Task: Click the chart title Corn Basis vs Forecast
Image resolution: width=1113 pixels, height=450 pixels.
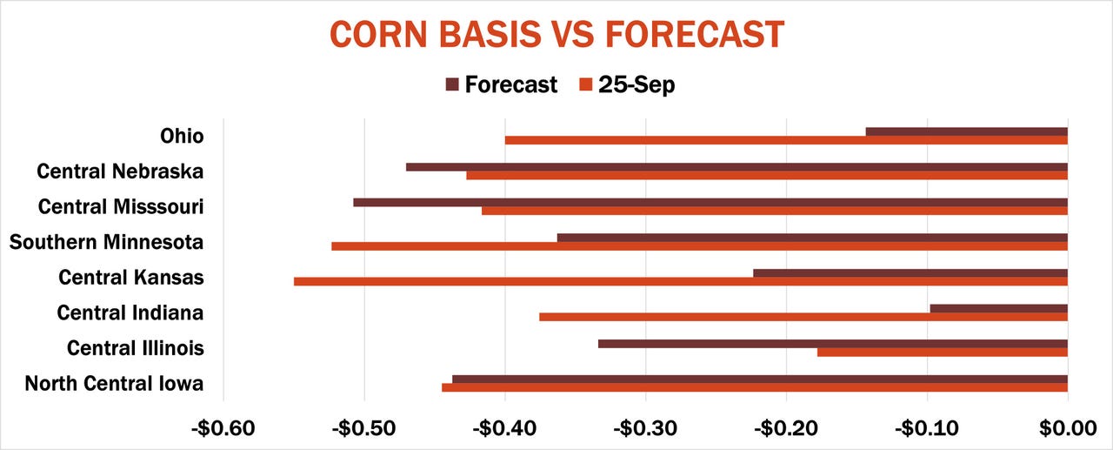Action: [x=556, y=35]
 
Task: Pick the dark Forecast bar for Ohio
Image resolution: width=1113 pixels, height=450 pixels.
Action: [x=966, y=131]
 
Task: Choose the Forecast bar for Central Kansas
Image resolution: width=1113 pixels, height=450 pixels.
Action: [x=910, y=273]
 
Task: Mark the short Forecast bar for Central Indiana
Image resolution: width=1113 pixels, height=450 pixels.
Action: [x=998, y=308]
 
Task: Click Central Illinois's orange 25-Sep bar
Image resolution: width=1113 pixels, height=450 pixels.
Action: [x=942, y=353]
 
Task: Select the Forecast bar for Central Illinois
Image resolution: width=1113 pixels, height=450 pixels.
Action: [x=832, y=344]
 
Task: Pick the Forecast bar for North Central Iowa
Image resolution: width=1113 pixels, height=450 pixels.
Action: [x=759, y=379]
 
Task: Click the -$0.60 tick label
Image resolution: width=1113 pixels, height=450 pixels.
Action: [x=223, y=428]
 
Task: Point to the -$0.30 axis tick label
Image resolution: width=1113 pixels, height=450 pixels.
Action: [x=645, y=428]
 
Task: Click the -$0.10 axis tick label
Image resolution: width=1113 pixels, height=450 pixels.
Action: [x=927, y=428]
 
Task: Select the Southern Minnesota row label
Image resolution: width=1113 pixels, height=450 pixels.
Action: [x=107, y=242]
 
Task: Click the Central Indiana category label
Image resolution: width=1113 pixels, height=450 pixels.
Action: [x=130, y=312]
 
